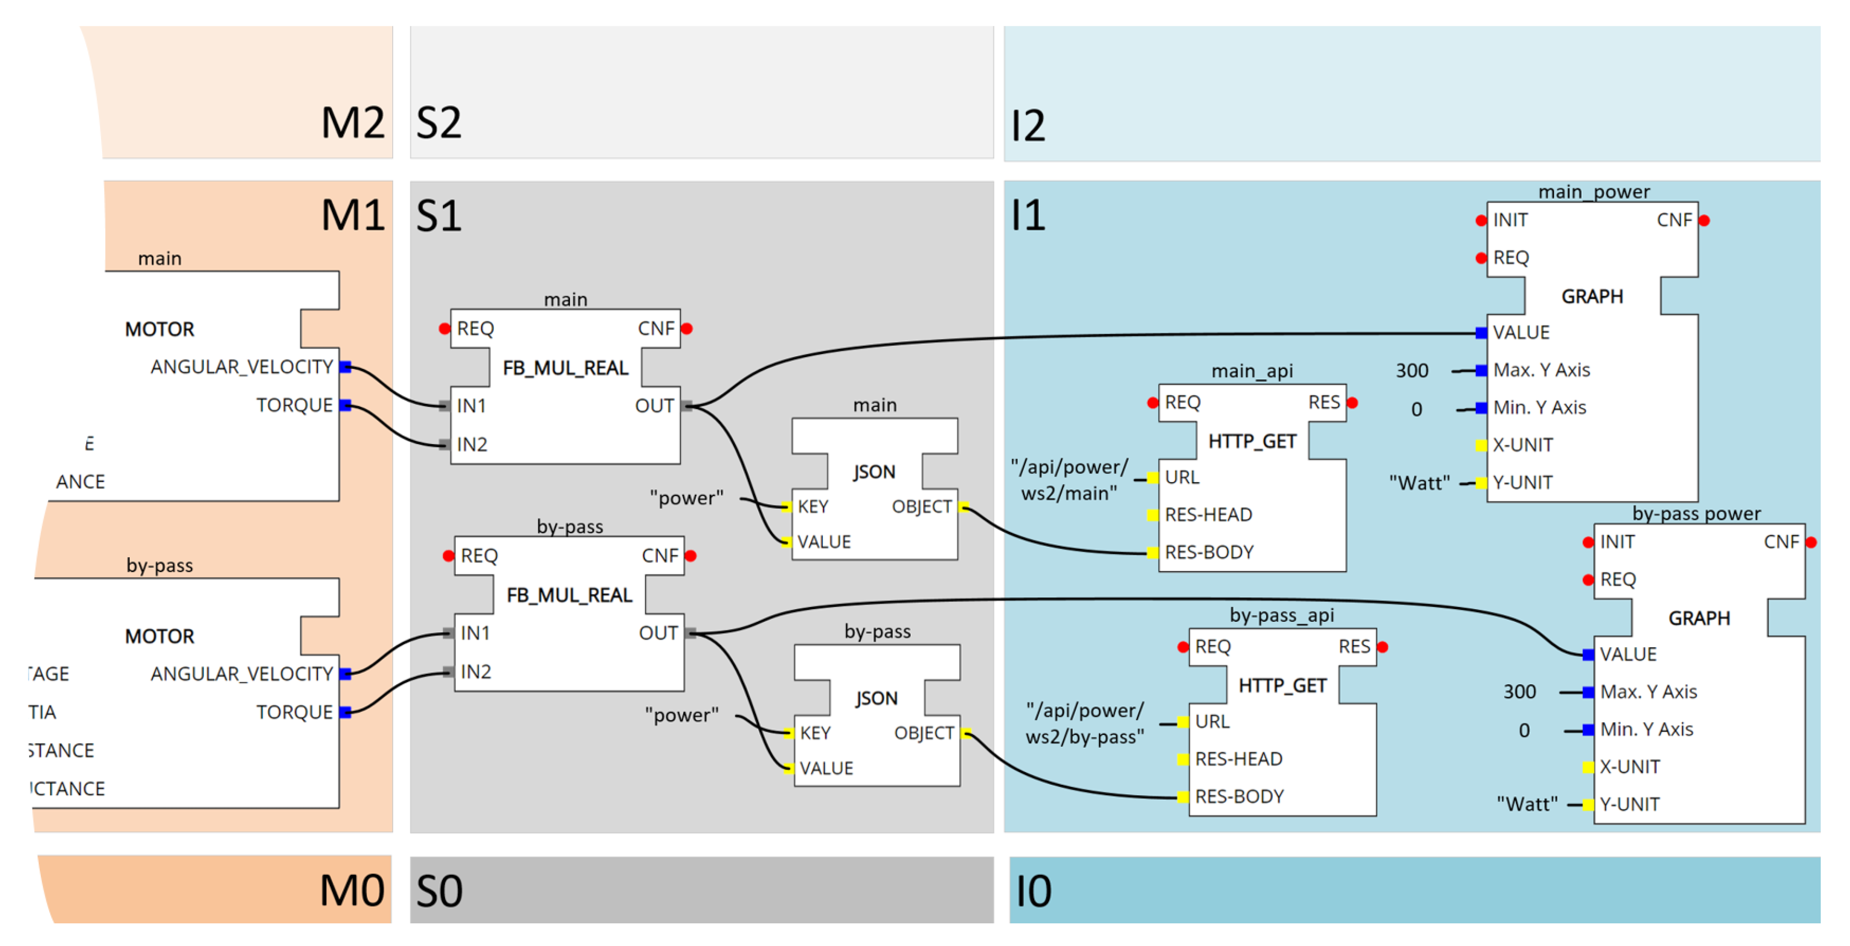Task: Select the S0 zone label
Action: pyautogui.click(x=439, y=891)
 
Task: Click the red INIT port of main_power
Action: pyautogui.click(x=1481, y=220)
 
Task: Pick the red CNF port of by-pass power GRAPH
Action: pyautogui.click(x=1811, y=542)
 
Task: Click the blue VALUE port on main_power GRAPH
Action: pyautogui.click(x=1481, y=332)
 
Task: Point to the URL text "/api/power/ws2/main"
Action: pyautogui.click(x=1069, y=480)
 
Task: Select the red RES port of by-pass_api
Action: pyautogui.click(x=1382, y=647)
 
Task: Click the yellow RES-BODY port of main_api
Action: pyautogui.click(x=1153, y=552)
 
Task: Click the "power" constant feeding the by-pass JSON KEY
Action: pyautogui.click(x=681, y=715)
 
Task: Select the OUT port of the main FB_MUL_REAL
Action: pyautogui.click(x=688, y=406)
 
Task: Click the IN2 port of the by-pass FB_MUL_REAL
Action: pyautogui.click(x=448, y=672)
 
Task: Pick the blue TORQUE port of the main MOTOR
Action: pyautogui.click(x=346, y=405)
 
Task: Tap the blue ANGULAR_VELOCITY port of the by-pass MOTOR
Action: pyautogui.click(x=346, y=674)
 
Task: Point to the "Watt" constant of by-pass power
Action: pyautogui.click(x=1527, y=804)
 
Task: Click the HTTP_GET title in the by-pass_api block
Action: pyautogui.click(x=1282, y=686)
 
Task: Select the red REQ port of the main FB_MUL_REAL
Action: pyautogui.click(x=445, y=329)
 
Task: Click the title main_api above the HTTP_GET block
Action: pyautogui.click(x=1252, y=371)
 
